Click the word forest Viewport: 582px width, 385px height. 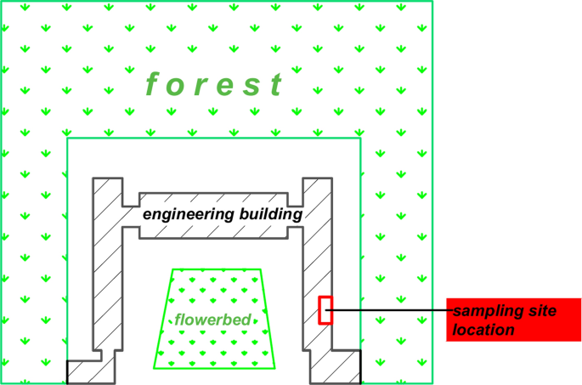point(214,84)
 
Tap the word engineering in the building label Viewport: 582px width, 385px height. point(189,215)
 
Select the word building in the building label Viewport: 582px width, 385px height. point(271,214)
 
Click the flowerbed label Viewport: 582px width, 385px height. point(212,320)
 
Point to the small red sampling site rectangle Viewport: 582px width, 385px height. point(325,310)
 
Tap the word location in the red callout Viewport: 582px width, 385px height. point(483,330)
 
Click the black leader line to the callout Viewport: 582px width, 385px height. point(389,310)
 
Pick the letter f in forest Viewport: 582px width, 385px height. point(153,84)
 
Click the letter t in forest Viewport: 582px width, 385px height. point(277,84)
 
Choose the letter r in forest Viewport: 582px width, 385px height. point(199,86)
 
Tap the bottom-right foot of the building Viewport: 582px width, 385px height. point(335,366)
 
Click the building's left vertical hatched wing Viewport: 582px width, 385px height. point(108,264)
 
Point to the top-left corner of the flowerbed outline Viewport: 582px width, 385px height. point(173,269)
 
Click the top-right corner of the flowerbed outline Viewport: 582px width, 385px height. point(261,269)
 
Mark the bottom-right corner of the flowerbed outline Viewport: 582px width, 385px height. point(275,369)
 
